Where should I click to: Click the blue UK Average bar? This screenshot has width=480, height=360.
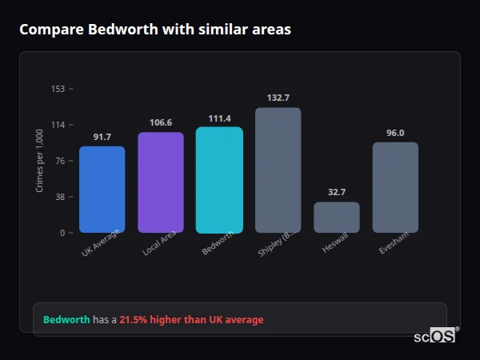[x=102, y=190]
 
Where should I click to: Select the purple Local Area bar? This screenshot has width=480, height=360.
[x=161, y=182]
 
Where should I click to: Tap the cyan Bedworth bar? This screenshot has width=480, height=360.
[x=219, y=180]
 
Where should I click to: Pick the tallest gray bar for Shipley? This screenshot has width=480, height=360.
[x=278, y=170]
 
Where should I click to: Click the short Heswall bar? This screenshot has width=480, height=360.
[x=337, y=217]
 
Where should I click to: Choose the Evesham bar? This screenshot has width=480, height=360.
[x=395, y=187]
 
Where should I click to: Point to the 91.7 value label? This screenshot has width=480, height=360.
[x=102, y=137]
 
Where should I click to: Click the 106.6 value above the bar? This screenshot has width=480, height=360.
[x=161, y=122]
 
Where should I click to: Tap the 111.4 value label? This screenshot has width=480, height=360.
[x=219, y=118]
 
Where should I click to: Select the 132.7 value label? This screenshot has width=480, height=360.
[x=278, y=98]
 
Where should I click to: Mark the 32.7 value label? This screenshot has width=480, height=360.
[x=337, y=192]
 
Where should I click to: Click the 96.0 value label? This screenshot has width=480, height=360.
[x=395, y=133]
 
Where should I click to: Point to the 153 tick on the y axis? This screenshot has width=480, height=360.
[x=58, y=89]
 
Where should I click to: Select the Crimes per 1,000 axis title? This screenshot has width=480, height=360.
[x=40, y=161]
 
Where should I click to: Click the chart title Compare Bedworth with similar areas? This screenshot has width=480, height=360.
[x=155, y=30]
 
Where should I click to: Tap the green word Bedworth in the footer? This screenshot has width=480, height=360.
[x=66, y=320]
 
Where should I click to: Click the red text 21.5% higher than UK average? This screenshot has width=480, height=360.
[x=191, y=320]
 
